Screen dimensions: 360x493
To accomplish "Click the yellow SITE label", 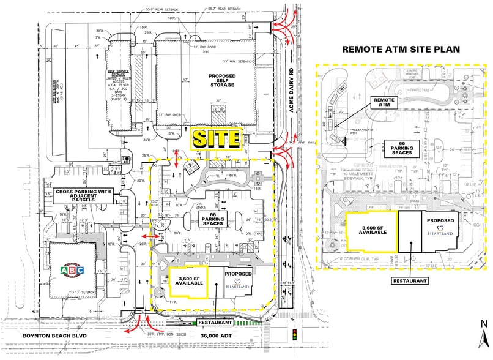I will tap(215, 139).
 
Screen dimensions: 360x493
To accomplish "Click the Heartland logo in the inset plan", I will tap(440, 233).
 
